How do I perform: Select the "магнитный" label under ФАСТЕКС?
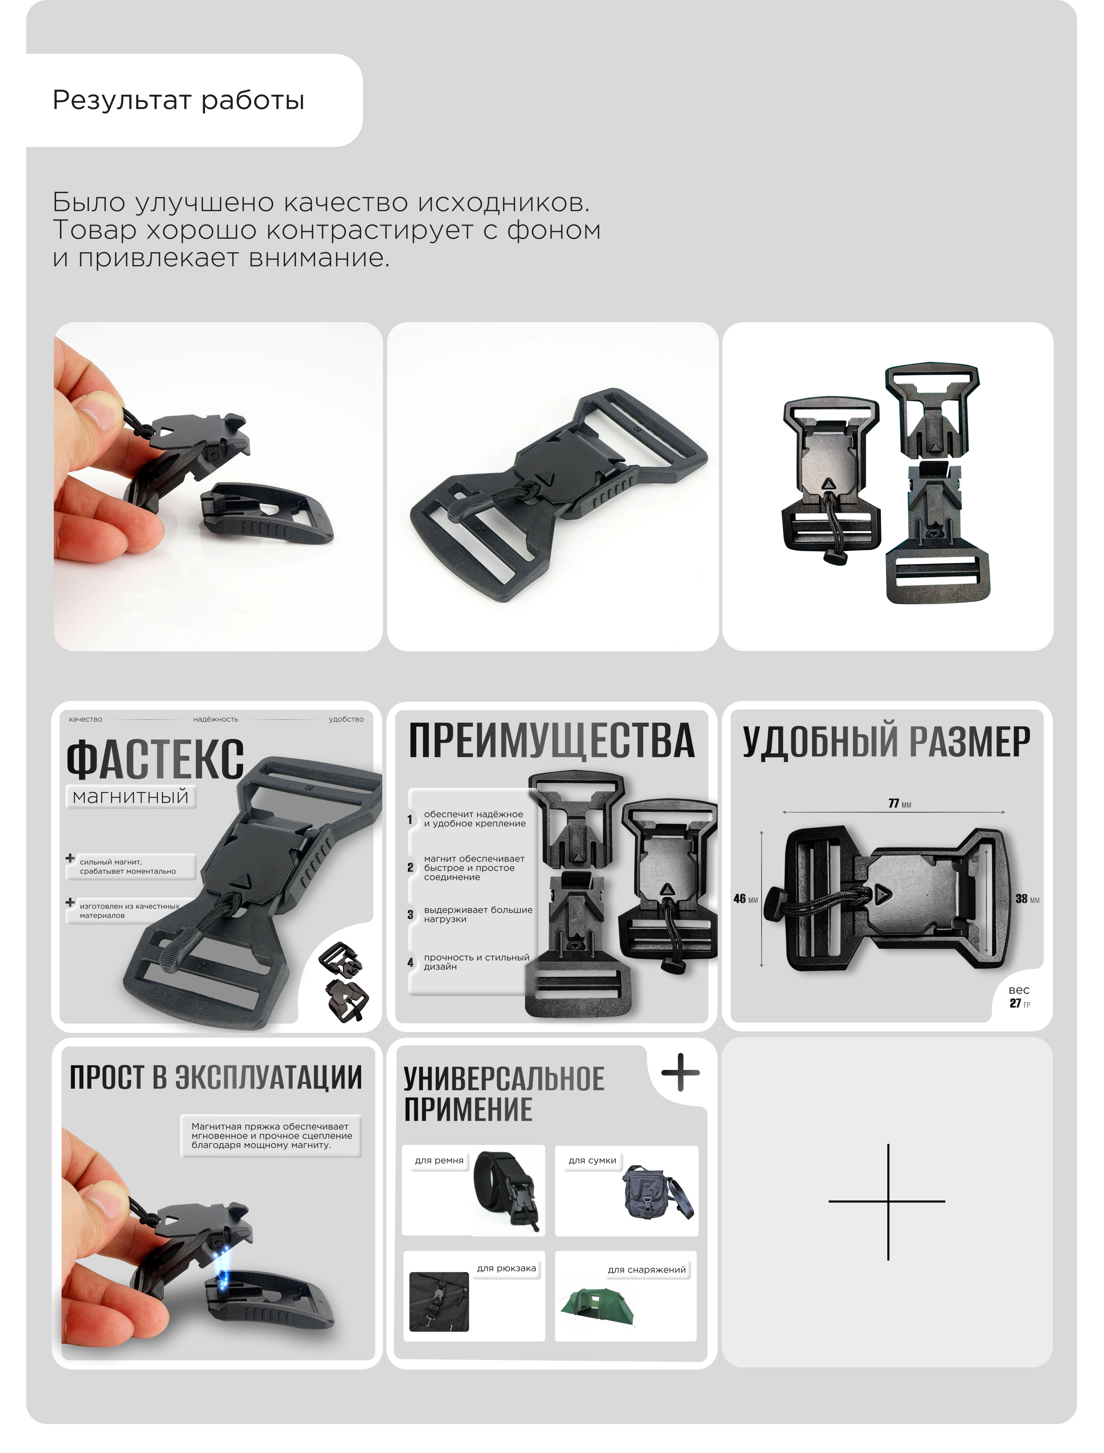131,797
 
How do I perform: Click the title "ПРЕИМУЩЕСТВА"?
551,741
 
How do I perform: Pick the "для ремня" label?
439,1160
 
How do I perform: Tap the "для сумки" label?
592,1160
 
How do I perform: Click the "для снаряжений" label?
647,1269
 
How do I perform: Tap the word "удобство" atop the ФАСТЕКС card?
346,719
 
